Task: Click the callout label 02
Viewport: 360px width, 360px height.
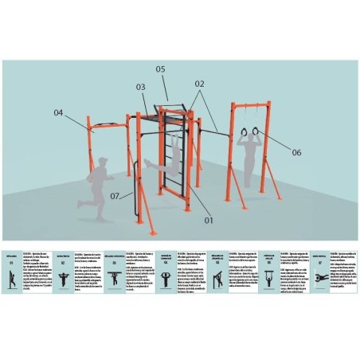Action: pyautogui.click(x=198, y=83)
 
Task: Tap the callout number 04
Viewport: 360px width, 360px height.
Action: pyautogui.click(x=58, y=112)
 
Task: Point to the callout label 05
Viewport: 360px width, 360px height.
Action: pyautogui.click(x=160, y=69)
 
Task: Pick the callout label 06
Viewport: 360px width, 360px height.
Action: pyautogui.click(x=296, y=151)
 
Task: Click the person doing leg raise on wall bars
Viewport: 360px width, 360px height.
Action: pyautogui.click(x=167, y=159)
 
